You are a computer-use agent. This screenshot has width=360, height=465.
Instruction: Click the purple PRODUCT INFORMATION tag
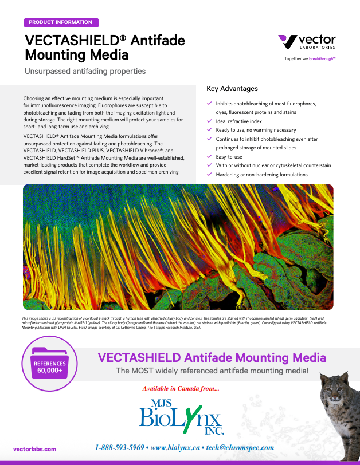[x=61, y=23]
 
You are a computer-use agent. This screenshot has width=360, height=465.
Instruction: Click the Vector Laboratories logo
[x=306, y=42]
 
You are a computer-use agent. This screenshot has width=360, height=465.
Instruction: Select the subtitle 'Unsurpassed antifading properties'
[x=85, y=72]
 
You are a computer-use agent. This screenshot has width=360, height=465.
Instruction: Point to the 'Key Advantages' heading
[x=232, y=89]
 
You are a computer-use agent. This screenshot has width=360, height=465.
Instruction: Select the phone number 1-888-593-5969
[x=119, y=447]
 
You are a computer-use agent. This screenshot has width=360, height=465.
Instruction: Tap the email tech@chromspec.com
[x=240, y=447]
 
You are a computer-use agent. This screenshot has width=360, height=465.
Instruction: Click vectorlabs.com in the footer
[x=34, y=450]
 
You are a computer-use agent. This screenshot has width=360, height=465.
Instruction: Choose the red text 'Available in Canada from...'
[x=180, y=389]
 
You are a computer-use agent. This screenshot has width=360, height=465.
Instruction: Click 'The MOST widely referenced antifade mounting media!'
[x=212, y=371]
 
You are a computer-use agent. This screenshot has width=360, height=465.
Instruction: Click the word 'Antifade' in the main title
[x=158, y=41]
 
